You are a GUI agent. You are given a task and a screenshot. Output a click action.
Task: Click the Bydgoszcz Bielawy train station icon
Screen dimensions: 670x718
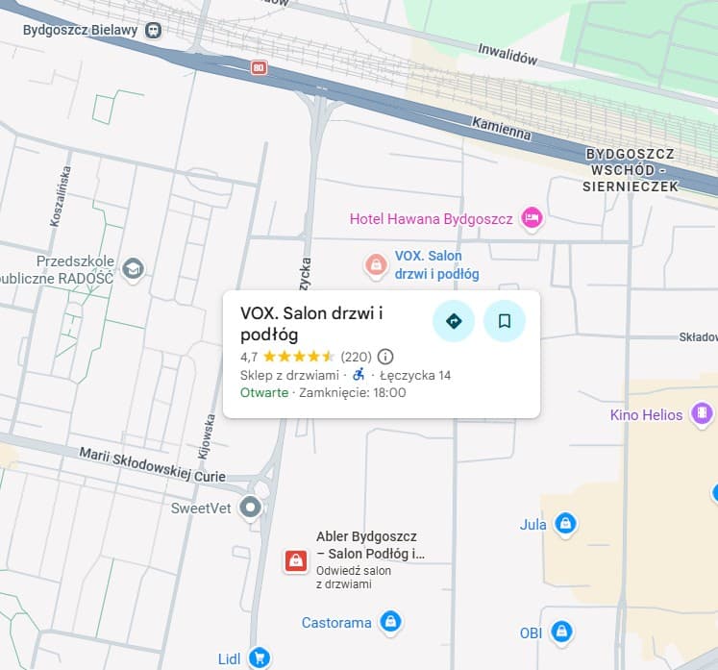click(x=153, y=30)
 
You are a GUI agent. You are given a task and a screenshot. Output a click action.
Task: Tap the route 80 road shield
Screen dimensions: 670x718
click(x=258, y=67)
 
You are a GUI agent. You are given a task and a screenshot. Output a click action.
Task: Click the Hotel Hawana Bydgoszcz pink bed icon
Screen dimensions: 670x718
click(x=532, y=219)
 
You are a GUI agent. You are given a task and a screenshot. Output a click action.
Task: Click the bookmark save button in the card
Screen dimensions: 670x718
click(x=504, y=321)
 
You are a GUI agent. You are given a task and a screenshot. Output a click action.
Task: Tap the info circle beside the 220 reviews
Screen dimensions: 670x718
click(x=385, y=357)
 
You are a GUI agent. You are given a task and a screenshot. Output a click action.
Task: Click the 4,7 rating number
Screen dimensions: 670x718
click(x=249, y=357)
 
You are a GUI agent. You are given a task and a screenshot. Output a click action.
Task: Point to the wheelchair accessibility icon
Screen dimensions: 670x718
click(x=359, y=375)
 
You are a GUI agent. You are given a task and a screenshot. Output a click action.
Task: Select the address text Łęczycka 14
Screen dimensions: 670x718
click(x=415, y=375)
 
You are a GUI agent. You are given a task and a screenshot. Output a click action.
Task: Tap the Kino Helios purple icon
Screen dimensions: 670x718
click(x=703, y=415)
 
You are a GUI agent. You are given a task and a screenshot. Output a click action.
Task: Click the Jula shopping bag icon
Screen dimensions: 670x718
click(x=566, y=524)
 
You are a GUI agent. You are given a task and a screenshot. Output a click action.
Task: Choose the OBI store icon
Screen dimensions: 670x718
click(x=562, y=633)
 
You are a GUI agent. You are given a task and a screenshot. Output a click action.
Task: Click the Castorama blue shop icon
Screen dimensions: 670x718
click(x=389, y=622)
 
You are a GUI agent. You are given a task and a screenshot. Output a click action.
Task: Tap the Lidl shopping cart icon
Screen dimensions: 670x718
click(x=258, y=658)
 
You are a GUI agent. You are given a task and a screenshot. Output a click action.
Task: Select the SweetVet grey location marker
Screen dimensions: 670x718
click(x=251, y=507)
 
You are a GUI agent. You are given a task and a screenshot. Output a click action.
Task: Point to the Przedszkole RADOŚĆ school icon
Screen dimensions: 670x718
click(x=133, y=268)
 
